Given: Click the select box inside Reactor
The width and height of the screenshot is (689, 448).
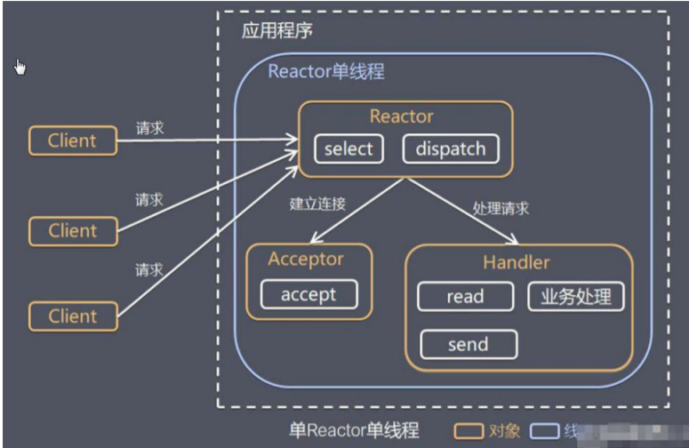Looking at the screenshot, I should click(x=349, y=148).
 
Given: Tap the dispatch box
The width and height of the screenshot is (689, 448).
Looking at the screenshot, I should click(x=451, y=148).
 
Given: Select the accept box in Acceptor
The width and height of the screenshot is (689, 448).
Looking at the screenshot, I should click(x=308, y=295).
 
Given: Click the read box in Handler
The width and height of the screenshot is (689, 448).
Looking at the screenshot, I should click(x=465, y=297).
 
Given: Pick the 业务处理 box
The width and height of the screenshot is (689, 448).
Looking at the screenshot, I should click(x=576, y=297).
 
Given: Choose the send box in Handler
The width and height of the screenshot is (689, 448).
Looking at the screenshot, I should click(x=468, y=344).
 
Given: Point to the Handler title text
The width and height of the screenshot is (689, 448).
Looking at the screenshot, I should click(x=516, y=262).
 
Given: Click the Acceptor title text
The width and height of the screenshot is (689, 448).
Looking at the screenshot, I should click(x=306, y=259).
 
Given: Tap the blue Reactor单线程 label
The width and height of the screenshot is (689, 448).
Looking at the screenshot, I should click(x=326, y=71).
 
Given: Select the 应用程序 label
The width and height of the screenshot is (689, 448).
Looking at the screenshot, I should click(x=276, y=30).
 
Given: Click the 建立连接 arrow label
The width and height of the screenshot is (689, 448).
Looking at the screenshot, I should click(x=317, y=203).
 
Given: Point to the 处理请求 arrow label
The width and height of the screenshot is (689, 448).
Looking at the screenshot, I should click(x=501, y=208).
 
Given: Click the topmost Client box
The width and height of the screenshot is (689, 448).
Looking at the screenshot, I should click(x=73, y=140).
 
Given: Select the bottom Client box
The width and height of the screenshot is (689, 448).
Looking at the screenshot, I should click(x=73, y=316).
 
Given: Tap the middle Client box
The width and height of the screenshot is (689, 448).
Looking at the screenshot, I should click(x=73, y=231).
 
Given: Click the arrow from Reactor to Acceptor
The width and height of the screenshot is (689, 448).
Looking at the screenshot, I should click(x=352, y=209).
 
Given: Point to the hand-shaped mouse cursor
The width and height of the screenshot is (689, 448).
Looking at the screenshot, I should click(x=20, y=68).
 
